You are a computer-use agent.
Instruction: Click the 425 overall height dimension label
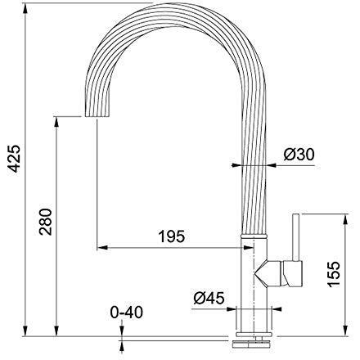tap(14, 159)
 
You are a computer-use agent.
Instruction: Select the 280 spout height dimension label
tap(45, 222)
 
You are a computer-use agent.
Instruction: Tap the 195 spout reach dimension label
tap(172, 236)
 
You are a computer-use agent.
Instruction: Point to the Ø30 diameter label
tap(299, 155)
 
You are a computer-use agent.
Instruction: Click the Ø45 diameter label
tap(209, 298)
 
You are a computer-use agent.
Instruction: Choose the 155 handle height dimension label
tap(334, 274)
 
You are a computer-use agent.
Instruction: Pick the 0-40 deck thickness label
tap(127, 313)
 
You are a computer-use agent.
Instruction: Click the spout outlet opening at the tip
tap(97, 116)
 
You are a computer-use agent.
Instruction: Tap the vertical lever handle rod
tap(296, 237)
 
